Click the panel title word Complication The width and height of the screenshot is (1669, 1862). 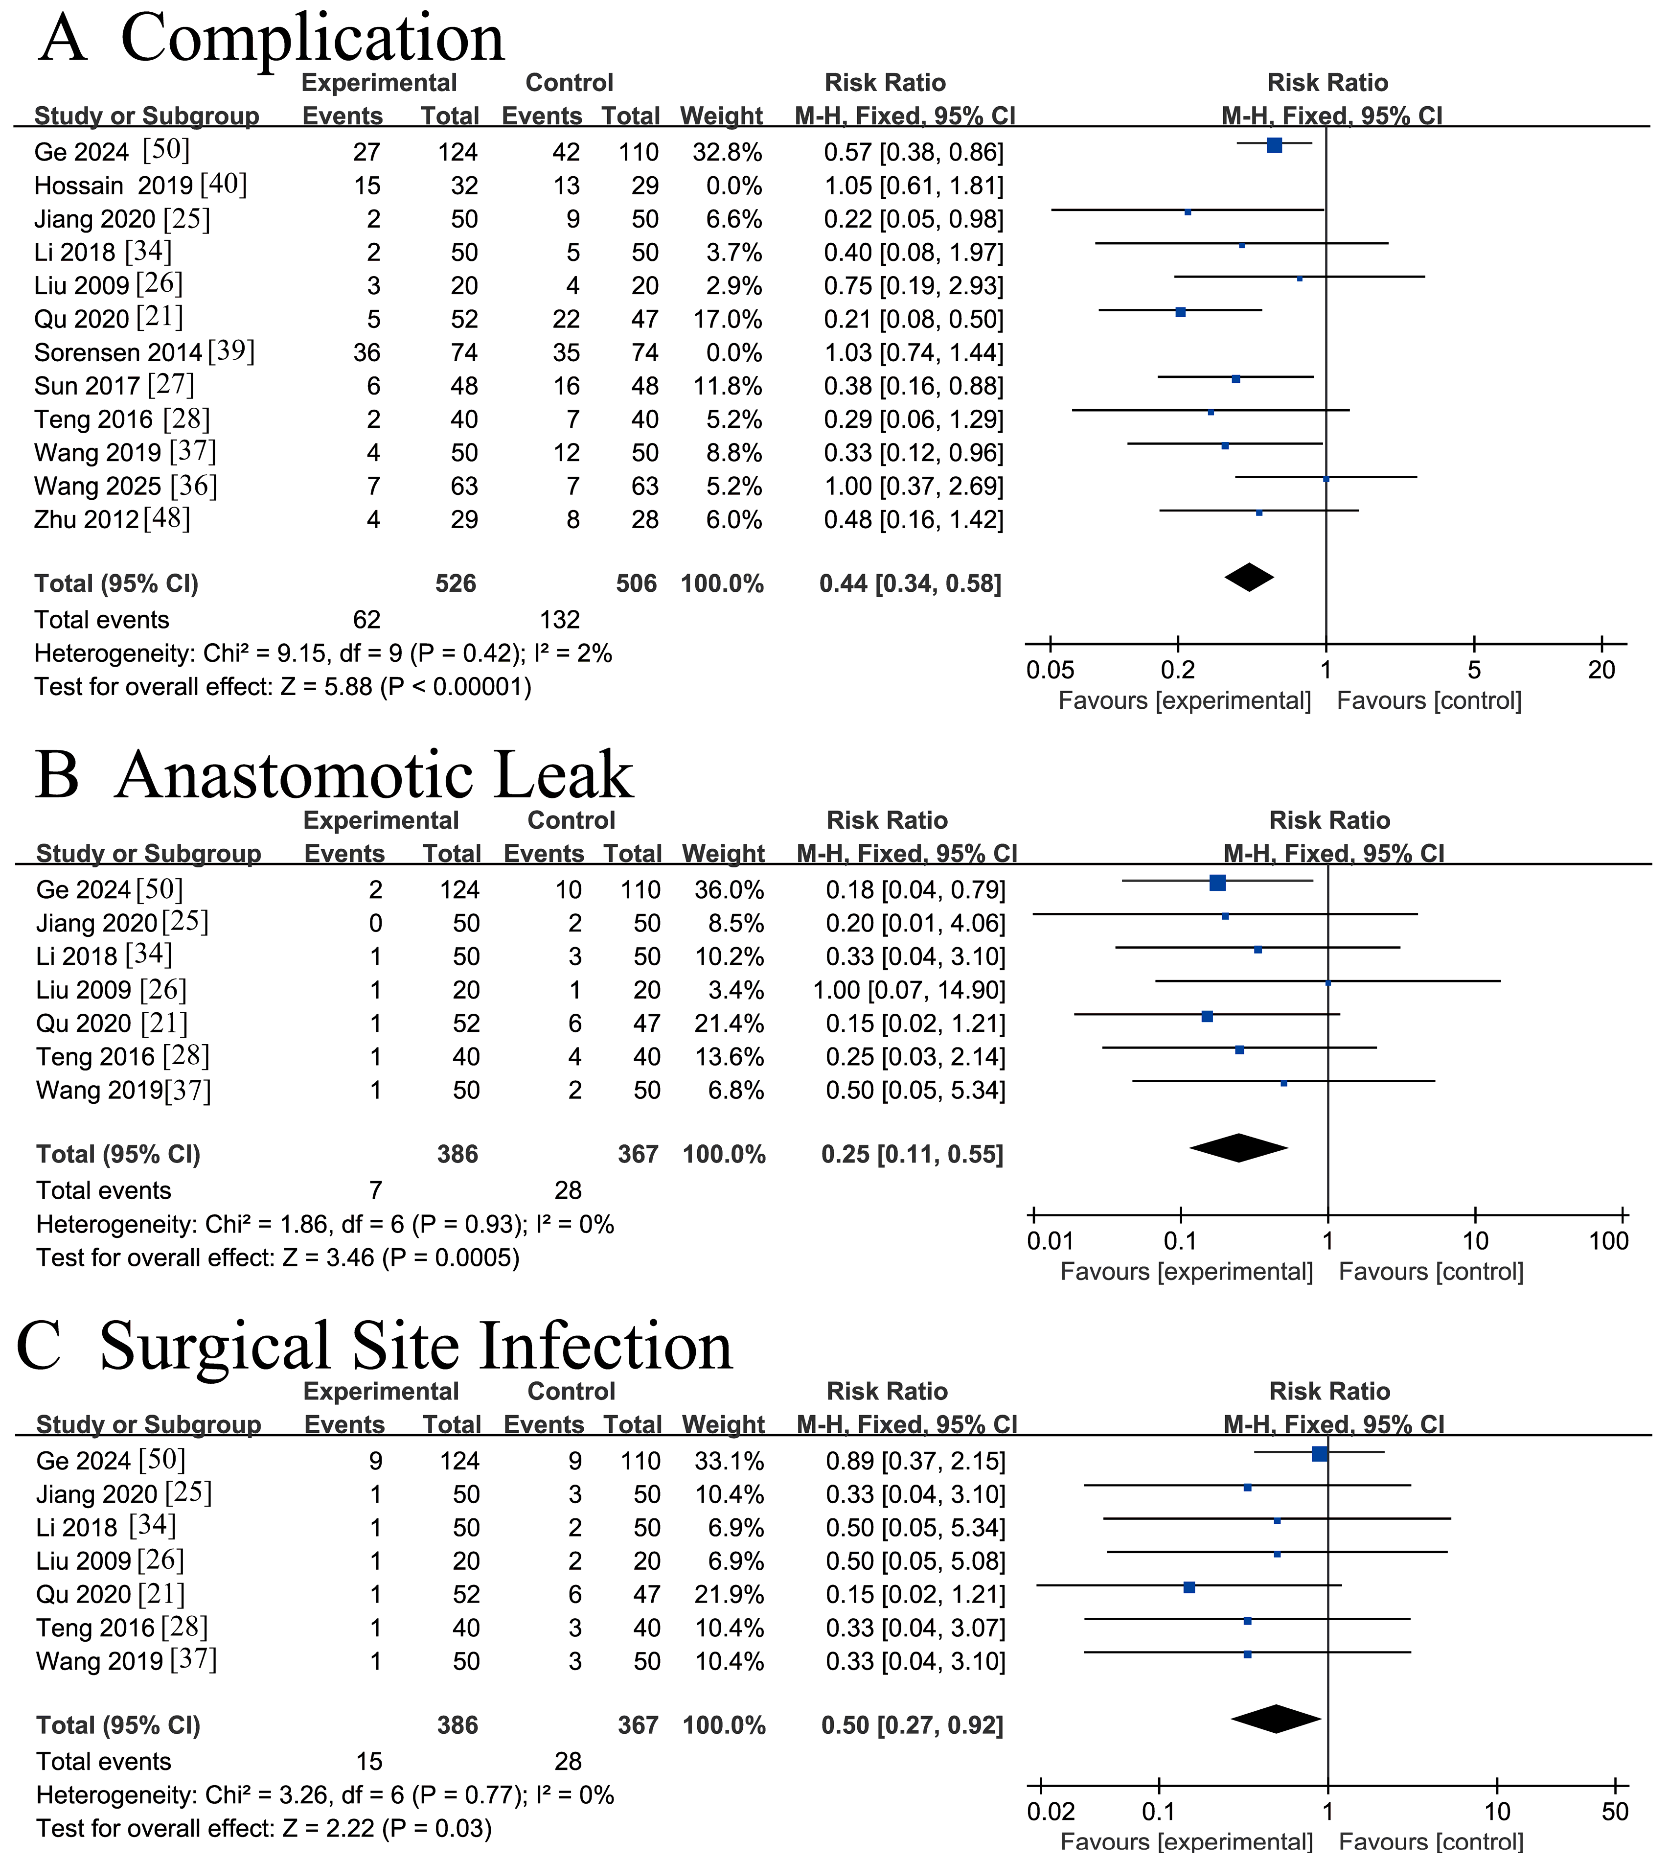pyautogui.click(x=312, y=39)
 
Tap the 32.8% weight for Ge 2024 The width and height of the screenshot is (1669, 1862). pyautogui.click(x=721, y=152)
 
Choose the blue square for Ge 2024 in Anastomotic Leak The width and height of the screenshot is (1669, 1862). pyautogui.click(x=1217, y=883)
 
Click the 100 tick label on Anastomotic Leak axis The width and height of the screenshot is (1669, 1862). pyautogui.click(x=1608, y=1242)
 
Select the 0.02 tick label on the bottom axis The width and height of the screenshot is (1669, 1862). pyautogui.click(x=1051, y=1813)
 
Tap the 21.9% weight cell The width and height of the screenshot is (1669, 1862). pyautogui.click(x=723, y=1595)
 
